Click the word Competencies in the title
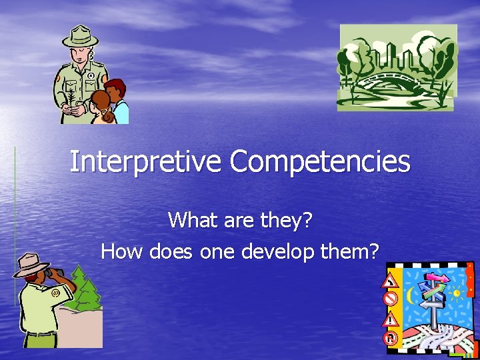(x=321, y=162)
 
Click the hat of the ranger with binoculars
(x=31, y=263)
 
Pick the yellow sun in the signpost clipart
(x=457, y=293)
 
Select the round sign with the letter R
(x=391, y=338)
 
